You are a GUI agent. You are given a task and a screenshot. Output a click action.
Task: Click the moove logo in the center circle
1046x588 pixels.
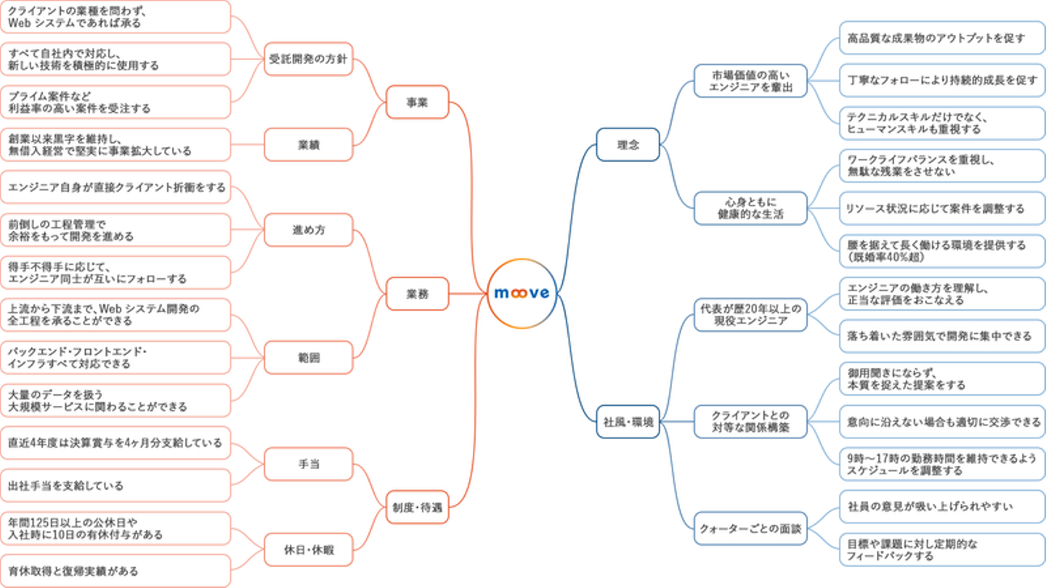522,293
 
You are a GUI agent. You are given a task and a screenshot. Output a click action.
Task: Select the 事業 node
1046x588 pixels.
417,102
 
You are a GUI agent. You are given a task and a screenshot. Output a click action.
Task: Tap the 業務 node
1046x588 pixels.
417,294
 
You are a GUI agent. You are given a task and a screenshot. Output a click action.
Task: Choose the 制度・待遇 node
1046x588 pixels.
417,507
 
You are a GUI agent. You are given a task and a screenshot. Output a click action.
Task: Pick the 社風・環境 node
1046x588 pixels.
628,422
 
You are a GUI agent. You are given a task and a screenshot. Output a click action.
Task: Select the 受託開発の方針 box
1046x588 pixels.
309,59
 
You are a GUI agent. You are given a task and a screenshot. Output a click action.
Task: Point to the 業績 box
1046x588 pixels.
309,144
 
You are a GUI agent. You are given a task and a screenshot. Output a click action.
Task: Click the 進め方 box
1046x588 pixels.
309,230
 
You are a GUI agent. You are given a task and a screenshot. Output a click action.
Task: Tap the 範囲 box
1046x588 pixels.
309,358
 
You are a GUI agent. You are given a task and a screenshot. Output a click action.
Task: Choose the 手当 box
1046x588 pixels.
309,465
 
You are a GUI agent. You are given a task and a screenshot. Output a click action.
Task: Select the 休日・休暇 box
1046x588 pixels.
309,550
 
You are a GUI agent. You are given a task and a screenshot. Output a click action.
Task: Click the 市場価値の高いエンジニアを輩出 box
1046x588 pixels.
750,81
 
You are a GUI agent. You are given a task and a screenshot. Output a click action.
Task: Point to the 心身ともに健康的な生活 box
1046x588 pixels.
750,208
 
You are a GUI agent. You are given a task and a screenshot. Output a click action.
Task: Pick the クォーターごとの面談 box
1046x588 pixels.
750,529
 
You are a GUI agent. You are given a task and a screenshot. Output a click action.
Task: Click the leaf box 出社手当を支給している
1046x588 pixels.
115,486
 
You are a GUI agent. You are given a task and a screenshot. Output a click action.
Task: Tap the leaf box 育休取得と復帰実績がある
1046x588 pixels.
115,571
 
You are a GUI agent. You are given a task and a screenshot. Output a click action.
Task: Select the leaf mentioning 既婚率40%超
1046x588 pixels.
941,251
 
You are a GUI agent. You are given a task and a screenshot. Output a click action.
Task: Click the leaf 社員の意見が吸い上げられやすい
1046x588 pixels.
941,507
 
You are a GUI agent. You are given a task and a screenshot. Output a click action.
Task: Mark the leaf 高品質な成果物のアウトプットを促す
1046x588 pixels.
941,38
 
